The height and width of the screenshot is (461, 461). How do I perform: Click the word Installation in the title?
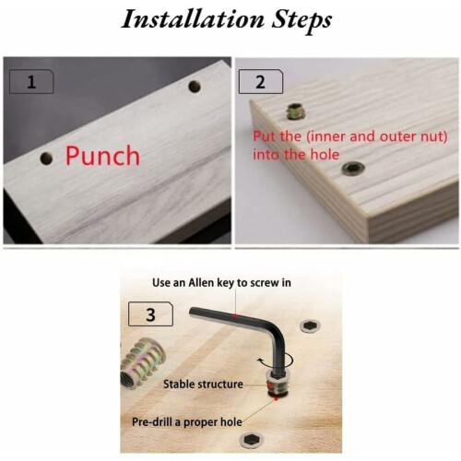coord(193,19)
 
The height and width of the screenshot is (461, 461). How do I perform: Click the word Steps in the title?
coord(301,20)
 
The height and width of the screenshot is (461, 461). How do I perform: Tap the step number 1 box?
coord(31,82)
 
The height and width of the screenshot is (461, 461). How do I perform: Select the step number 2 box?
coord(261,82)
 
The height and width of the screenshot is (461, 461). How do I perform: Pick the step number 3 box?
coord(150,314)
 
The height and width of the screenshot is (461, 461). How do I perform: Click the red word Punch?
coord(102,156)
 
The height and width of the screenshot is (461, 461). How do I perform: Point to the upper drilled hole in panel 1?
coord(195,87)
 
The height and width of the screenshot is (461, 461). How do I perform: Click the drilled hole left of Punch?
coord(46,158)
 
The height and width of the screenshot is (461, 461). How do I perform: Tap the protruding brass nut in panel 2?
coord(295,112)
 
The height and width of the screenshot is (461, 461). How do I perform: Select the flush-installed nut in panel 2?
coord(353,169)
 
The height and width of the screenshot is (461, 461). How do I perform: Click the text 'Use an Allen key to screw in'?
coord(221,283)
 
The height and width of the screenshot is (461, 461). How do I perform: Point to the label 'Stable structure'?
coord(203,384)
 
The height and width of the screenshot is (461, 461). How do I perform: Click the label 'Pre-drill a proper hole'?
coord(187,422)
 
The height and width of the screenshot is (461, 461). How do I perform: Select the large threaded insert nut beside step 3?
coord(143,363)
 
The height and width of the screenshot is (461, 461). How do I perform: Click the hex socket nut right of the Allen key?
coord(310,325)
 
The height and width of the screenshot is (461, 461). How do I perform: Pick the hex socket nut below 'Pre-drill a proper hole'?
coord(252,440)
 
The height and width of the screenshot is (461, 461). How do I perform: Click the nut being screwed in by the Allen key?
coord(278,384)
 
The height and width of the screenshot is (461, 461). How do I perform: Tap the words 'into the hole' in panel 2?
coord(296,155)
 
